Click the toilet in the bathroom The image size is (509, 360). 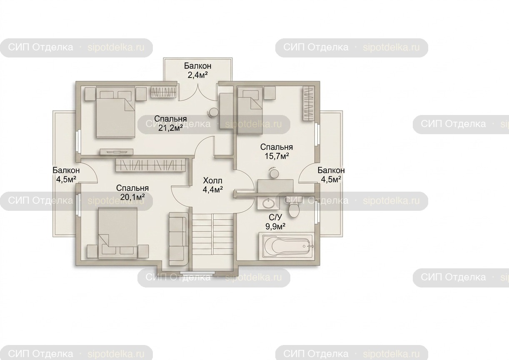pyautogui.click(x=293, y=208)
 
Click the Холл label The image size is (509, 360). pyautogui.click(x=212, y=181)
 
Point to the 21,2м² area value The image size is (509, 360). pyautogui.click(x=171, y=128)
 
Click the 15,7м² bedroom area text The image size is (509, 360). pyautogui.click(x=277, y=156)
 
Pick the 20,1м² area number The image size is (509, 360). pyautogui.click(x=132, y=197)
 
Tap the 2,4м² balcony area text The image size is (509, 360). pyautogui.click(x=198, y=75)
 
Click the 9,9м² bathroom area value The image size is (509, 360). pyautogui.click(x=275, y=226)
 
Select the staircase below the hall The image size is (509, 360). pyautogui.click(x=212, y=242)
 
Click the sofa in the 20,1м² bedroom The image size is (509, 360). pyautogui.click(x=178, y=239)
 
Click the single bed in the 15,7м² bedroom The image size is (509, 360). pyautogui.click(x=250, y=112)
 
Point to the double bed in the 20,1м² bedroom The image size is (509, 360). pyautogui.click(x=118, y=233)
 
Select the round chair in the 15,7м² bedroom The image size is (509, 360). pyautogui.click(x=274, y=173)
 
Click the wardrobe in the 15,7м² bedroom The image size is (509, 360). pyautogui.click(x=309, y=104)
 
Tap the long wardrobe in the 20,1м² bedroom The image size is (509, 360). pyautogui.click(x=151, y=165)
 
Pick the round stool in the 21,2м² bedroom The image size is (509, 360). pyautogui.click(x=214, y=112)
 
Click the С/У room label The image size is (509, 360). pyautogui.click(x=275, y=217)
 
